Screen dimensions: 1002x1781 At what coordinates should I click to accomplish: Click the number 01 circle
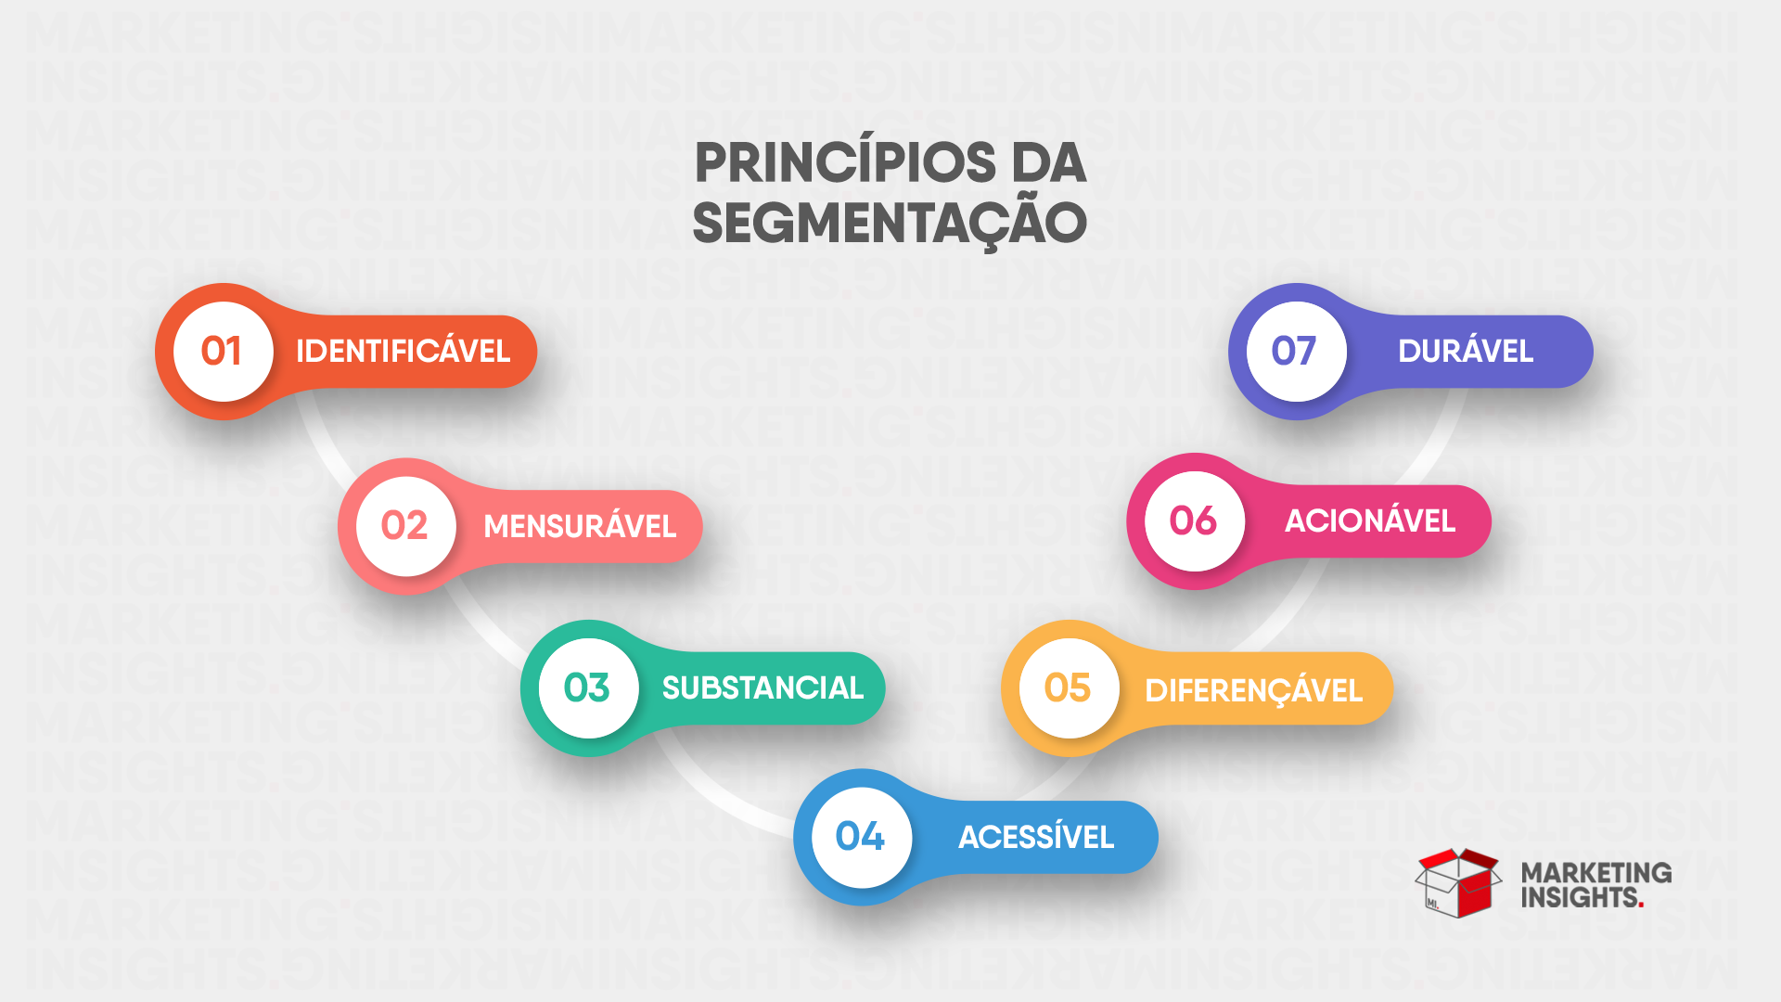(x=223, y=352)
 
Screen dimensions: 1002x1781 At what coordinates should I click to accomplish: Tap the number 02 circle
(x=405, y=526)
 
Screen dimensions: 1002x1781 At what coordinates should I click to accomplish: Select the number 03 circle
(x=588, y=688)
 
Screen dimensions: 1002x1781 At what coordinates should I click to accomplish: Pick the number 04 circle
(x=861, y=837)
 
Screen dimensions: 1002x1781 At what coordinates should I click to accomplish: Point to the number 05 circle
(x=1069, y=688)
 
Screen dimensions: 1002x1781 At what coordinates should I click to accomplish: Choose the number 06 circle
(x=1194, y=521)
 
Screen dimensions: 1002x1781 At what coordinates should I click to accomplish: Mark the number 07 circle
(x=1295, y=352)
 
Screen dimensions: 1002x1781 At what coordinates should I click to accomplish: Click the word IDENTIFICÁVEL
(x=403, y=352)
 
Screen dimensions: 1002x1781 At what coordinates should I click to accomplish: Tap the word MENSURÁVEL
(x=580, y=527)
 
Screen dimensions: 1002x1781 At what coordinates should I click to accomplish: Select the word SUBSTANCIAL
(x=762, y=688)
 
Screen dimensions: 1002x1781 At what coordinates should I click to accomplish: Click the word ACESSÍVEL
(x=1036, y=838)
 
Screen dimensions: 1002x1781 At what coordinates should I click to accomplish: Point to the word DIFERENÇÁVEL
(x=1253, y=691)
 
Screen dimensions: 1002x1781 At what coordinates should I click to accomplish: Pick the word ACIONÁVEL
(x=1370, y=521)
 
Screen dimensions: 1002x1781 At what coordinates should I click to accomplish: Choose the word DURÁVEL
(x=1466, y=352)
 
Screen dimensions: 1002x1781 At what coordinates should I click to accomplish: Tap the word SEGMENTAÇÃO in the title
(x=890, y=225)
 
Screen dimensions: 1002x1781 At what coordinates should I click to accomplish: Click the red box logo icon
(x=1458, y=883)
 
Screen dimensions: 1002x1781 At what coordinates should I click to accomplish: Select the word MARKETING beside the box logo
(x=1595, y=873)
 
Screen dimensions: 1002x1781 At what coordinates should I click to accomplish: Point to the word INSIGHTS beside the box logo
(x=1579, y=898)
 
